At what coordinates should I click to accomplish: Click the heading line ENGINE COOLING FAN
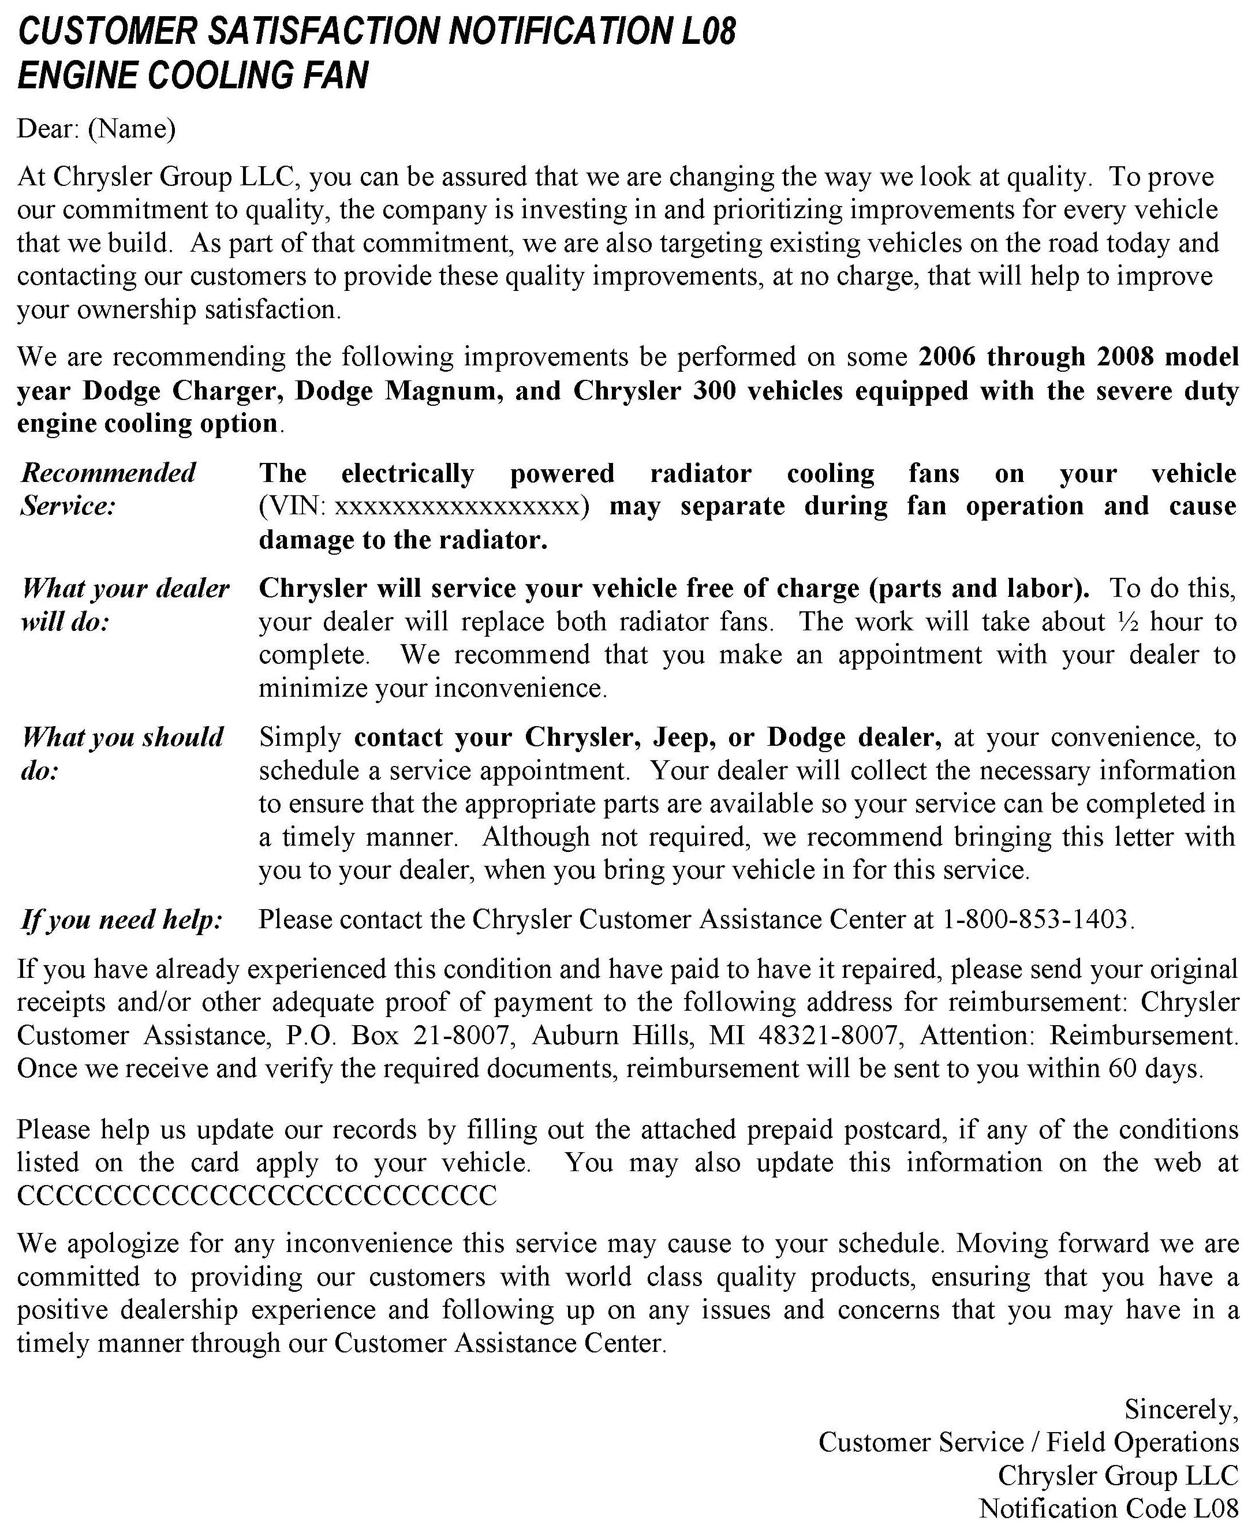pyautogui.click(x=193, y=76)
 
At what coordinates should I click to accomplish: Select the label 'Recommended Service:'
pyautogui.click(x=109, y=489)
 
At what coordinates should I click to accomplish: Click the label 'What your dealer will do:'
pyautogui.click(x=125, y=605)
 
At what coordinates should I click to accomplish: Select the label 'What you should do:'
pyautogui.click(x=122, y=753)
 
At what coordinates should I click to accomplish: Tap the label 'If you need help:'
pyautogui.click(x=122, y=920)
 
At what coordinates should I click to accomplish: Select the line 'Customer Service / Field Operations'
pyautogui.click(x=1028, y=1442)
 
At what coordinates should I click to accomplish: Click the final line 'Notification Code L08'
pyautogui.click(x=1108, y=1508)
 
